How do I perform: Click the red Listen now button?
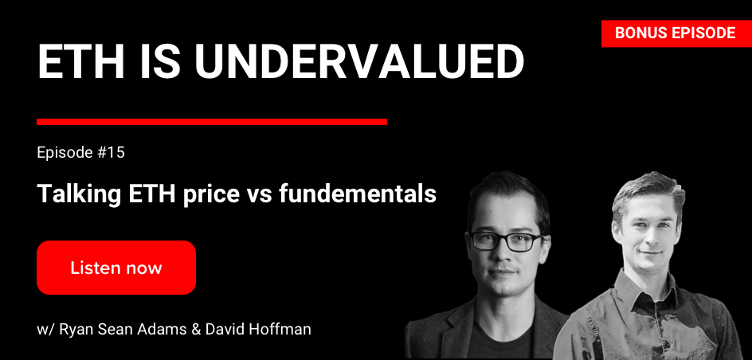116,268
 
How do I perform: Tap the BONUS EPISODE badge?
676,33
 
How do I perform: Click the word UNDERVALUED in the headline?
358,62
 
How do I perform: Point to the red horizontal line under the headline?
212,122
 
